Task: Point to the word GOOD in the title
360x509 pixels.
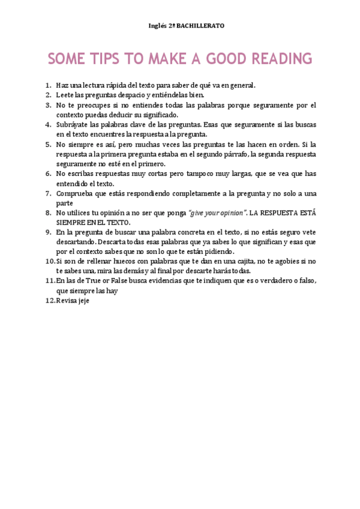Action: [227, 58]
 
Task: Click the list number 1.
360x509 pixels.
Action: [48, 85]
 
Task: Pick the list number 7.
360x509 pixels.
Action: [48, 193]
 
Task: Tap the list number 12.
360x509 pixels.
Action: [50, 300]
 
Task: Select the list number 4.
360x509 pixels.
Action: [48, 125]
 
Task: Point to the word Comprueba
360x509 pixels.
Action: [75, 193]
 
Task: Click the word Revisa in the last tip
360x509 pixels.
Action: [67, 300]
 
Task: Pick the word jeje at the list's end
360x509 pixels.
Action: [84, 300]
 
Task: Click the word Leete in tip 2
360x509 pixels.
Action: [64, 95]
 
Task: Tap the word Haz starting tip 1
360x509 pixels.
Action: [62, 85]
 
